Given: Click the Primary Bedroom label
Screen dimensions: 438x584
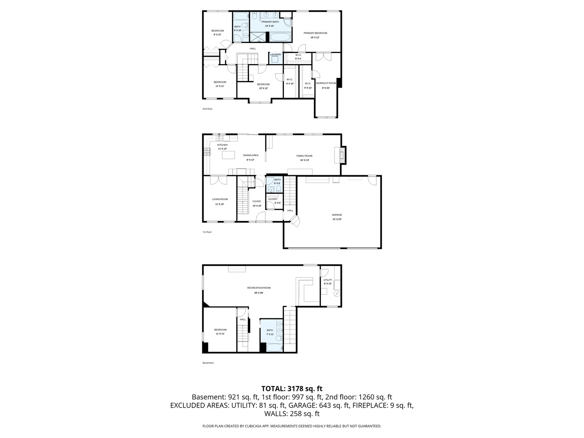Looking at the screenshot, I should click(315, 33).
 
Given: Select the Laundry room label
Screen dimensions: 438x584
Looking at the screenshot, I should click(275, 55).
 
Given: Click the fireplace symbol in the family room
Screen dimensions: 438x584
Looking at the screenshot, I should click(342, 155).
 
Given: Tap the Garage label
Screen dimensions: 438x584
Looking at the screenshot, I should click(337, 215).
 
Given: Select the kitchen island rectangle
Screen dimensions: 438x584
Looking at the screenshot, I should click(228, 155).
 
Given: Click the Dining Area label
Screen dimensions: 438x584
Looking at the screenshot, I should click(251, 155).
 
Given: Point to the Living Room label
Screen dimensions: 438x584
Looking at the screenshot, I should click(220, 199).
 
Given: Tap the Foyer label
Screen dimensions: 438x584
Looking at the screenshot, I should click(257, 202).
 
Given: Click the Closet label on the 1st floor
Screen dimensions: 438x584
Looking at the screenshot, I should click(273, 199).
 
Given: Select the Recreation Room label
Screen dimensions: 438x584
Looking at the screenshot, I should click(259, 288).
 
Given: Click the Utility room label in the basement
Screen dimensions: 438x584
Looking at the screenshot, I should click(328, 280).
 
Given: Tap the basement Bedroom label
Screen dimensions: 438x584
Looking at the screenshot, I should click(220, 330).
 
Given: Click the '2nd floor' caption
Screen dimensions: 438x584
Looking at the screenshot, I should click(207, 109).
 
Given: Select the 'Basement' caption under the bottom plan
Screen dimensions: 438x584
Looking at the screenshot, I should click(208, 363).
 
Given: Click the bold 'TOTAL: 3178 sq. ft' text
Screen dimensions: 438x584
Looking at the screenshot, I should click(292, 389).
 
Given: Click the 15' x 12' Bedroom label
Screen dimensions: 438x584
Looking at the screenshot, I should click(263, 84).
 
